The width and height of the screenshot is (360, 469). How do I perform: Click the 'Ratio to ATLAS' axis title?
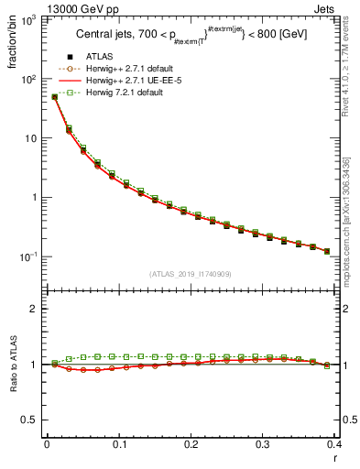[x=12, y=364]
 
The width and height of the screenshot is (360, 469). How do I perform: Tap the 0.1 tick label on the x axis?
[x=119, y=446]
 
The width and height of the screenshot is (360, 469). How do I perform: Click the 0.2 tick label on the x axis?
[x=191, y=446]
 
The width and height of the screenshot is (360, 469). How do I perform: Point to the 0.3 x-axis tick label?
[x=264, y=446]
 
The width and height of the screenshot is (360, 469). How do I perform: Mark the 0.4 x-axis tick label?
[x=335, y=446]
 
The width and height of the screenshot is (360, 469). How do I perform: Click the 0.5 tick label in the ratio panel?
[x=30, y=420]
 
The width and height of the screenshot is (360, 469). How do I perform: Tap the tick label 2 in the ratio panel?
[x=36, y=309]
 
